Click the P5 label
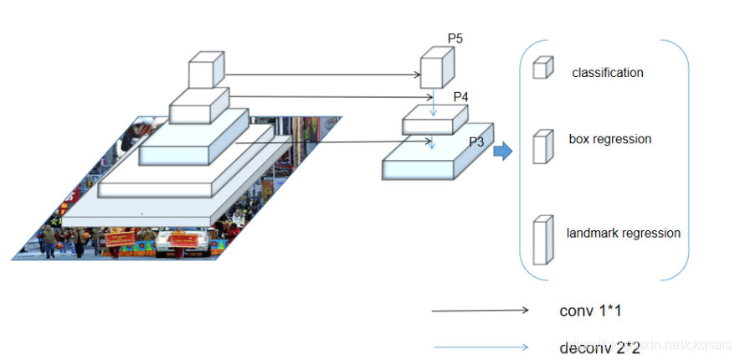455,39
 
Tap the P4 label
460,97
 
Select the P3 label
476,141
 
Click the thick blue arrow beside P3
502,152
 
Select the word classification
608,73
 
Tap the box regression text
609,139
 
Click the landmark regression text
623,234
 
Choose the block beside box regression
542,146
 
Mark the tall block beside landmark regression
542,240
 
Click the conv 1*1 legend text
590,311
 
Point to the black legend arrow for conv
480,311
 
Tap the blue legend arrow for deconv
480,347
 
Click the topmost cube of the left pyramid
206,70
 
